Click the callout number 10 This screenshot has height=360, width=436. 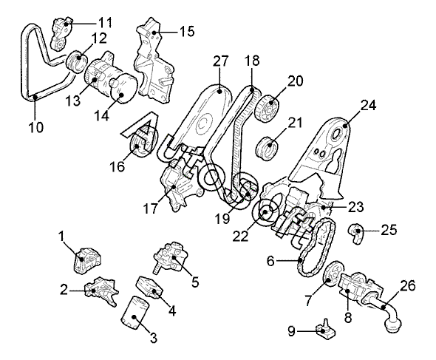coord(36,128)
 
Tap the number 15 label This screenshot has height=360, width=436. coord(187,32)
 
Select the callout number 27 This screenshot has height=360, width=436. coord(221,61)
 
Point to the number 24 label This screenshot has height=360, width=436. coord(369,106)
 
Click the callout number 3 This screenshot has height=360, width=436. coord(154,338)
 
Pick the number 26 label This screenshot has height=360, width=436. coord(408,286)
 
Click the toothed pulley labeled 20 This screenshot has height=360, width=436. coord(268,109)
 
